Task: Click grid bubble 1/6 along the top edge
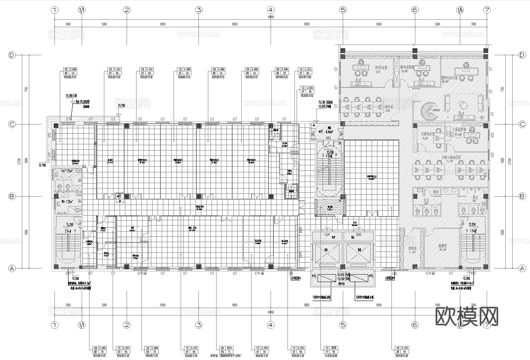(460, 9)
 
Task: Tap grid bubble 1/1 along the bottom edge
(82, 325)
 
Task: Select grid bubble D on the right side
(522, 55)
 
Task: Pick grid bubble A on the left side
(12, 268)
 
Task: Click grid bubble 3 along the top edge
(199, 9)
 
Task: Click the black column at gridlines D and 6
(415, 51)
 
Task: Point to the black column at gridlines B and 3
(199, 196)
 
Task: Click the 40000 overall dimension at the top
(271, 17)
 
